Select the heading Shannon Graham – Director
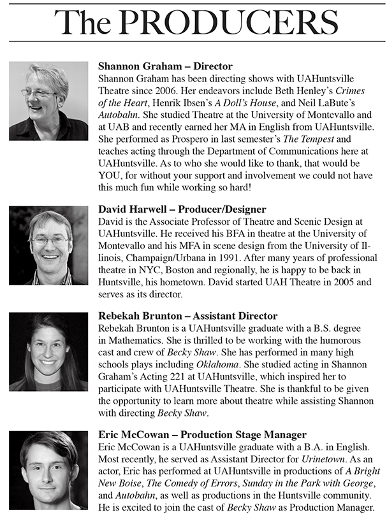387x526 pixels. [165, 66]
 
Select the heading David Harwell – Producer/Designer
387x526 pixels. [182, 210]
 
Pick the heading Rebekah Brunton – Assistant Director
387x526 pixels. [187, 316]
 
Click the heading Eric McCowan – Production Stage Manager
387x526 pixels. [203, 435]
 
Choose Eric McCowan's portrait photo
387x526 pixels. [49, 470]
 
